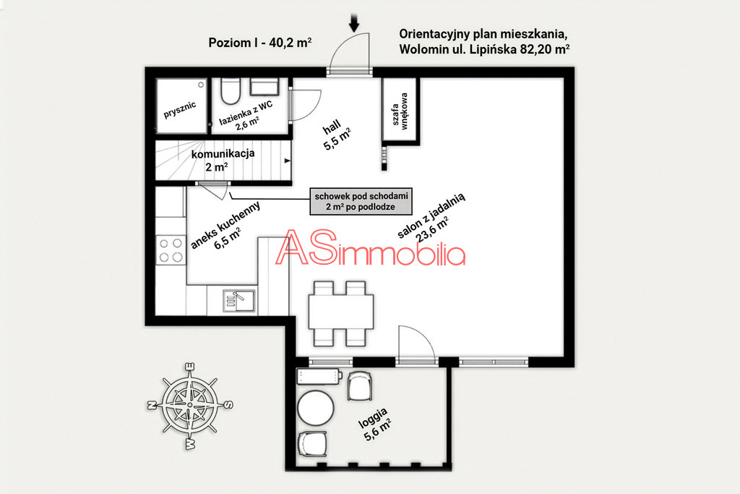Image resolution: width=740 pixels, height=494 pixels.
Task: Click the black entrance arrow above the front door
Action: tap(354, 22)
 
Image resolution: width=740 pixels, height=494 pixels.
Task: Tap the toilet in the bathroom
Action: tap(231, 91)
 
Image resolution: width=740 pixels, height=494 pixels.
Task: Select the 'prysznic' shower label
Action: tap(180, 110)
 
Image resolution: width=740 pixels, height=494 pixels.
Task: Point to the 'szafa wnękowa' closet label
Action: tap(400, 111)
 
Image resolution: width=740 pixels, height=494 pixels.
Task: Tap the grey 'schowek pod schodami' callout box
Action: tap(361, 202)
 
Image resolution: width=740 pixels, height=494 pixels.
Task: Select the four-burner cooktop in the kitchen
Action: tap(171, 250)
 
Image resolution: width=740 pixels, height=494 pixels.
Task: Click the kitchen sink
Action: tap(238, 300)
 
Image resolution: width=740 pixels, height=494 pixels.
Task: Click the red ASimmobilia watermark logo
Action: tap(371, 248)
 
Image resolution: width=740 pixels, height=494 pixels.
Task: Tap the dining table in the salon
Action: tap(341, 312)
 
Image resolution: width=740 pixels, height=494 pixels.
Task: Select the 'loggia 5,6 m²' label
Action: tap(376, 424)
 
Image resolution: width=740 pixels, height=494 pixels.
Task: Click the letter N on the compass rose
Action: tap(152, 405)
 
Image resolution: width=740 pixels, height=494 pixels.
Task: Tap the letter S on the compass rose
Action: tap(227, 404)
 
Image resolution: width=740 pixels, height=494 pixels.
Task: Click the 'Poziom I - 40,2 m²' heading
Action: tap(260, 43)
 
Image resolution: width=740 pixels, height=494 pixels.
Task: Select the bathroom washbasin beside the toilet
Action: tap(264, 86)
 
